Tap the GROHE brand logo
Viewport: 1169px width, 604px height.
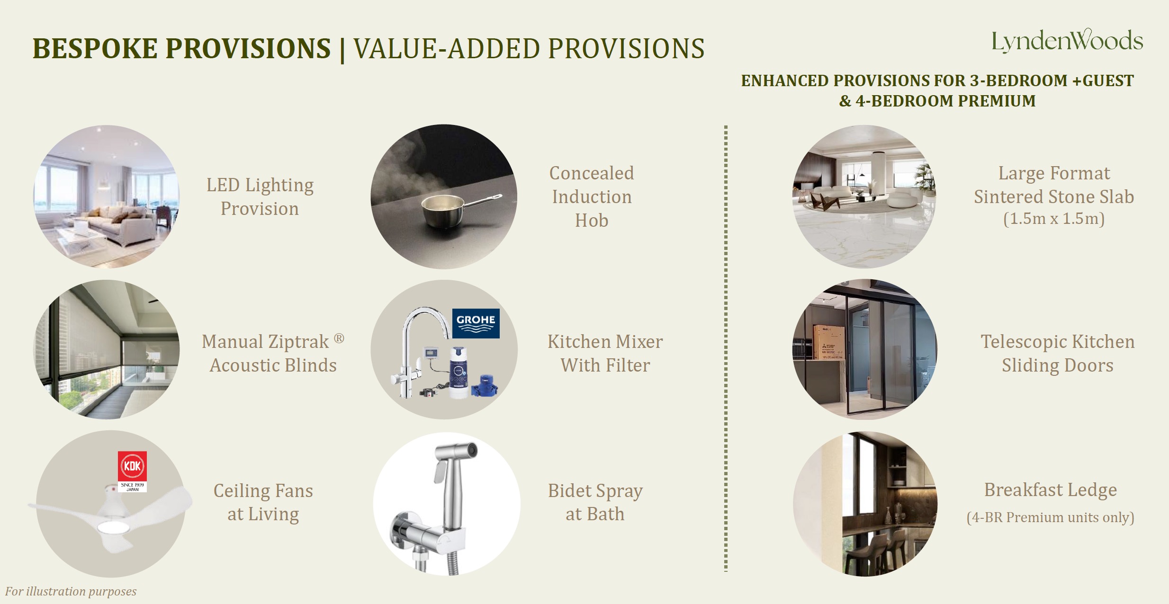coord(476,323)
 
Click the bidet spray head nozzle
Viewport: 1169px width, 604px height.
coord(470,450)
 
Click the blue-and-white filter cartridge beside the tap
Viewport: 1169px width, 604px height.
coord(457,374)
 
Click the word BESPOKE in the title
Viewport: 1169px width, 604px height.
coord(95,49)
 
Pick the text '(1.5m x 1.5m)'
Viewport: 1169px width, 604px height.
coord(1053,219)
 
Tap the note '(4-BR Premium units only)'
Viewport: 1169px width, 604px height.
coord(1050,517)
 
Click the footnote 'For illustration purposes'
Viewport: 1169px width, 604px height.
coord(71,591)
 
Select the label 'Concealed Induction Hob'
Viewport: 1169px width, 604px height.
coord(592,197)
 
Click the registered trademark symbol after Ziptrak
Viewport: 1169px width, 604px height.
coord(339,338)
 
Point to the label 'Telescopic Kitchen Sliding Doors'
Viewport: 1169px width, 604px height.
coord(1057,353)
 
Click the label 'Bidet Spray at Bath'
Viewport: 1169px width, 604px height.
coord(595,502)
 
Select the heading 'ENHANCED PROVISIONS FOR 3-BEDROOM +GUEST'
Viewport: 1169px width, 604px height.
coord(937,81)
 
